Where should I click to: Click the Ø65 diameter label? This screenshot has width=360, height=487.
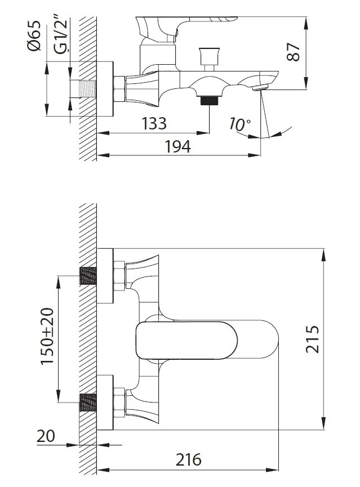[34, 35]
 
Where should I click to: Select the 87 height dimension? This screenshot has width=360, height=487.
[293, 52]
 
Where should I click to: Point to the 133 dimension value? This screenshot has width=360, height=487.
[154, 123]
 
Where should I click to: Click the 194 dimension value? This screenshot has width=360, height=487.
[177, 146]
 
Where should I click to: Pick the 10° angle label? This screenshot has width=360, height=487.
[239, 124]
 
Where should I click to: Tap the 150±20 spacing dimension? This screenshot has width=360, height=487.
[47, 336]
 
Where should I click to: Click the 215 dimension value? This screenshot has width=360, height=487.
[312, 339]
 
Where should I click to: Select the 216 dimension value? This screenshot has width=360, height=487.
[188, 459]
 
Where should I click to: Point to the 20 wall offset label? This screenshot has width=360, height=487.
[46, 436]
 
